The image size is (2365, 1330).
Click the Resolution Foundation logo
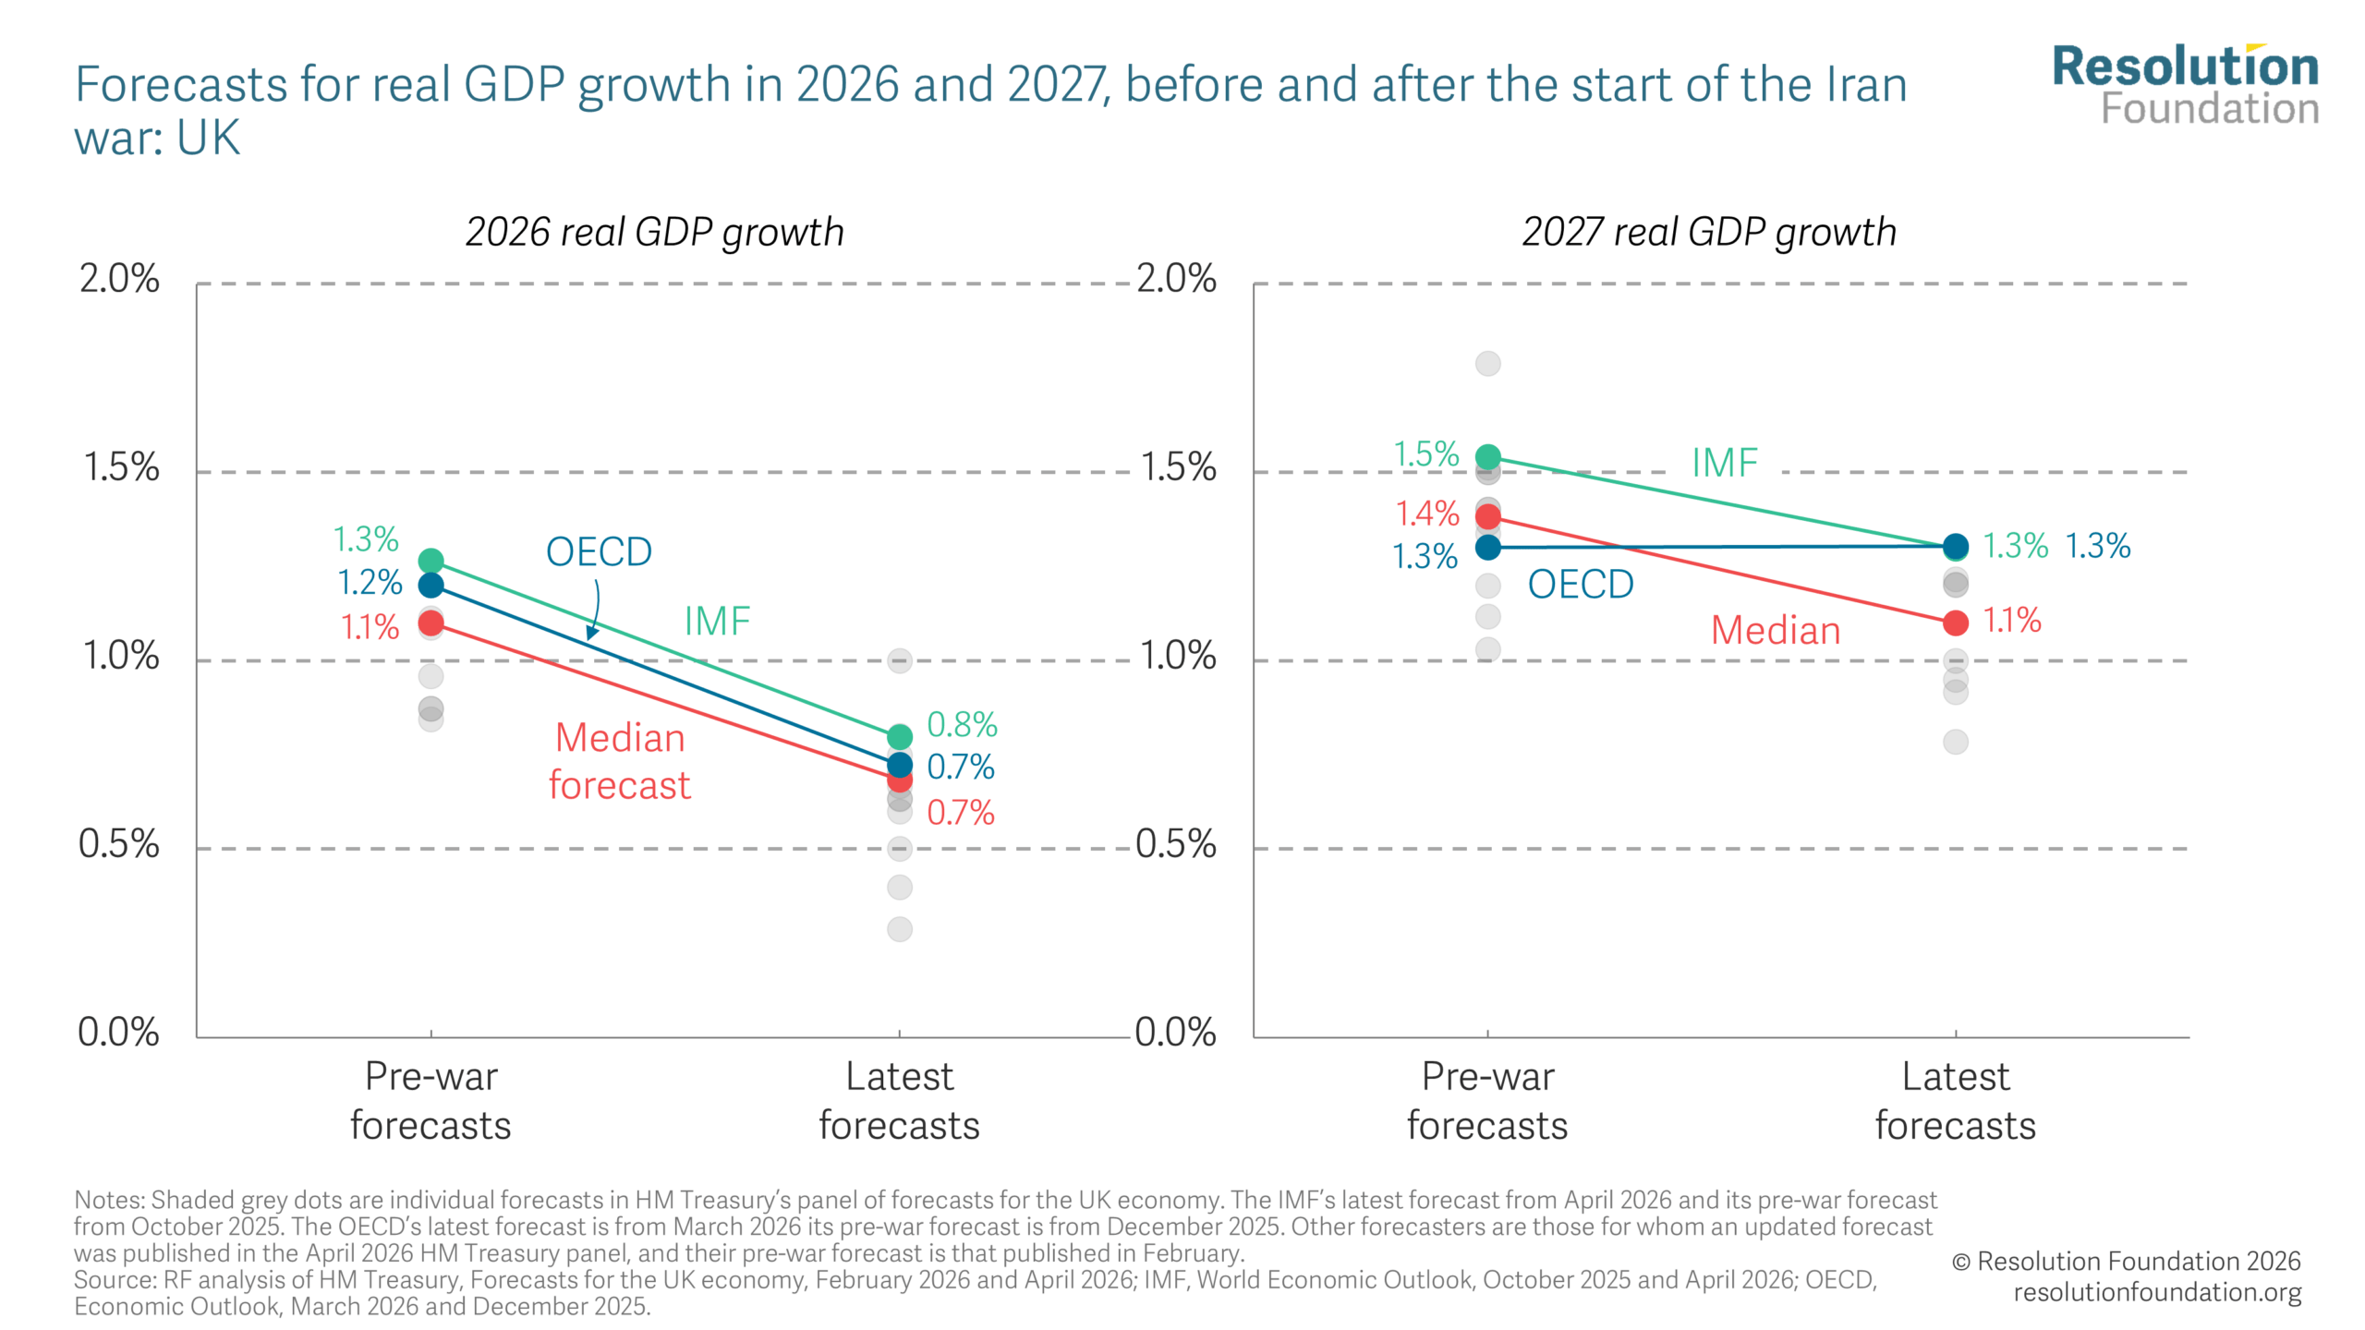click(2185, 85)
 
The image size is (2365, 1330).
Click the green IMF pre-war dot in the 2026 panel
click(431, 561)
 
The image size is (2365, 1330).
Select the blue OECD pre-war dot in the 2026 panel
click(431, 585)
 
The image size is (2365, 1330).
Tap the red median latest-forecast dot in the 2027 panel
click(1955, 623)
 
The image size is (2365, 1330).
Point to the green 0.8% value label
click(961, 725)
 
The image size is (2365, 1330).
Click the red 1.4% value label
click(1426, 514)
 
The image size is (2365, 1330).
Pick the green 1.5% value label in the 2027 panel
click(1425, 454)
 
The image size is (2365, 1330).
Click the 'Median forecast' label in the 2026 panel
click(619, 761)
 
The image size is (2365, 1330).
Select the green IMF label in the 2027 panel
click(1724, 463)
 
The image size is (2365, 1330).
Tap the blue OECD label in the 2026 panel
click(599, 552)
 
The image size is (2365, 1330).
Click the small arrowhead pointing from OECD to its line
click(591, 633)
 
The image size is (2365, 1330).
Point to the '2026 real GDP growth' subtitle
click(654, 232)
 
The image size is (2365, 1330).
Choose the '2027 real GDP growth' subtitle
click(1709, 232)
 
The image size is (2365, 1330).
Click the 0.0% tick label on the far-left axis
click(118, 1032)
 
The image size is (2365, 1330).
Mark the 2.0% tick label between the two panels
click(1175, 279)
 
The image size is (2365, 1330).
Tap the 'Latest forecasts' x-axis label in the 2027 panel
click(1955, 1101)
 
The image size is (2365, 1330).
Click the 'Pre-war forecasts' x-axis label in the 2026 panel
click(431, 1101)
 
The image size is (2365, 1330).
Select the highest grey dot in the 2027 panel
click(1487, 363)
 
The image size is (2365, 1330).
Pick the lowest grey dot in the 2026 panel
click(899, 928)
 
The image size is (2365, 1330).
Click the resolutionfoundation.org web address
click(2157, 1292)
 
